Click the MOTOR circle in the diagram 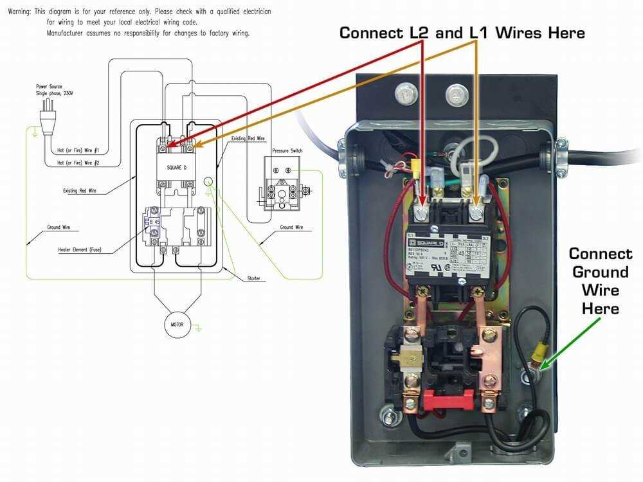tap(176, 325)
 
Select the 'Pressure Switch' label tap(287, 150)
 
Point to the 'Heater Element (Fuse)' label tap(79, 249)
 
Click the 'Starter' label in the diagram tap(254, 278)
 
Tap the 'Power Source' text tap(51, 85)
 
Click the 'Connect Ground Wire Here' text tap(601, 281)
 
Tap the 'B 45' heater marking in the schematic tap(155, 222)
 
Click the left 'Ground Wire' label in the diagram tap(59, 228)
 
